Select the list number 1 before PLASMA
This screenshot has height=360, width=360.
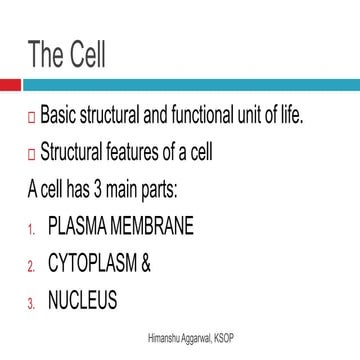pos(31,229)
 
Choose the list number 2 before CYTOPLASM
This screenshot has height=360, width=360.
pos(31,266)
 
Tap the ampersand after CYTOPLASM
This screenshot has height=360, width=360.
pos(146,264)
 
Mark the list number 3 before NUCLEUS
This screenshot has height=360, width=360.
pos(31,302)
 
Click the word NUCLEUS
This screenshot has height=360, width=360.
pos(82,300)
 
